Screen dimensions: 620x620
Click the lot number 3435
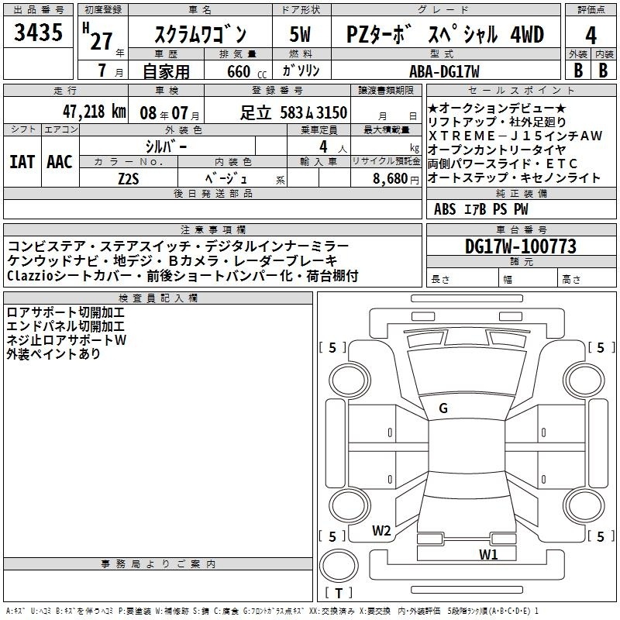[x=38, y=33]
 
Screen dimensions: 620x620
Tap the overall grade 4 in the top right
[x=591, y=36]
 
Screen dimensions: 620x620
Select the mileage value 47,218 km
[x=95, y=112]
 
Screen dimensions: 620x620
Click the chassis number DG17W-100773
[x=521, y=246]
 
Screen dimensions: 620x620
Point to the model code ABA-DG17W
[x=444, y=71]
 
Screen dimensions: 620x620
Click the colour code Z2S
[x=129, y=179]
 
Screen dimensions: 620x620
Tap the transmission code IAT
[x=22, y=162]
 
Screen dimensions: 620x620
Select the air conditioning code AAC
[x=60, y=162]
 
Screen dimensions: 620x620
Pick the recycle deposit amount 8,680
[x=391, y=179]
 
